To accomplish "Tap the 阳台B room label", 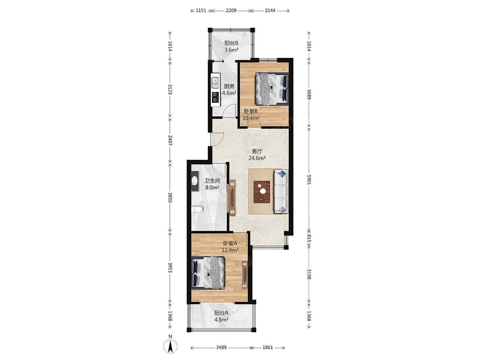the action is click(231, 43).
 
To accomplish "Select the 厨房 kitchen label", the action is click(229, 86).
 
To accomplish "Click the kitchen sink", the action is click(63, 83).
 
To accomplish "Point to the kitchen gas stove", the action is click(62, 97).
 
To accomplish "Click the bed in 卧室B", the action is click(272, 89).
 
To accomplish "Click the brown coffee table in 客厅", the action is click(262, 192).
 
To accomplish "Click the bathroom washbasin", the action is click(42, 182).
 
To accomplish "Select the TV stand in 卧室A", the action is click(245, 274).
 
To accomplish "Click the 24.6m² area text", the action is click(257, 158).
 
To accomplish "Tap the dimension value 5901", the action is click(309, 179).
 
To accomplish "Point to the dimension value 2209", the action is click(231, 10).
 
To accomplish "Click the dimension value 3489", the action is click(221, 347).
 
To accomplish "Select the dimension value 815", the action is click(309, 238).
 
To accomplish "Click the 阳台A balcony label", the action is click(221, 313).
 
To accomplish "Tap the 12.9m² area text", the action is click(230, 250).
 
